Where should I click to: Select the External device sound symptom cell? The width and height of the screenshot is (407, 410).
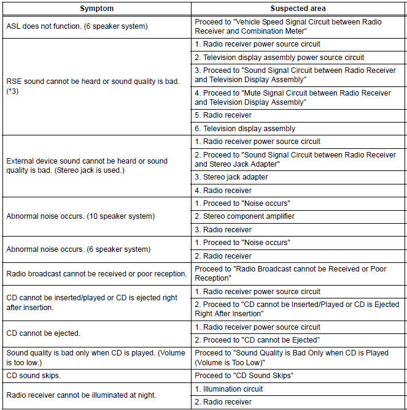coord(87,165)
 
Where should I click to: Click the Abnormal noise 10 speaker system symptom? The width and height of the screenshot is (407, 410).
coord(80,216)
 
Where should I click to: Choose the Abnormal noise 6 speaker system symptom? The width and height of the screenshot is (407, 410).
coord(78,249)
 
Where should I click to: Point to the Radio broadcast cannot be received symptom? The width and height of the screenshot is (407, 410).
coord(95,273)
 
